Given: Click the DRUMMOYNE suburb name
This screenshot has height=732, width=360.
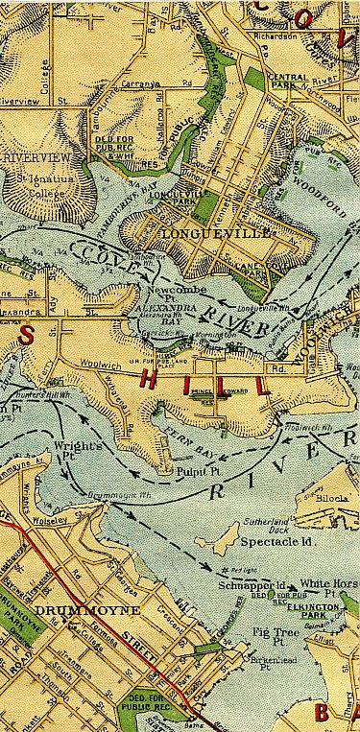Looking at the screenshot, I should point(60,609).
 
